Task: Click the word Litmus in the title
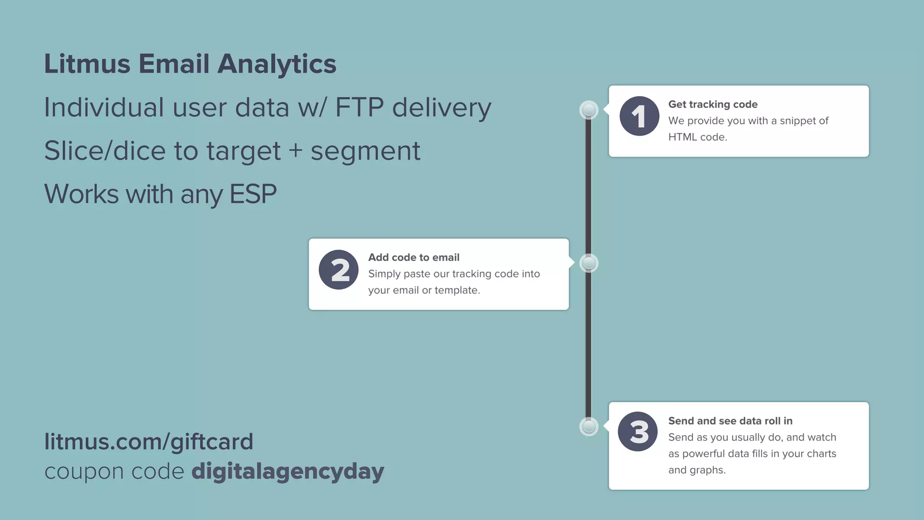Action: (87, 64)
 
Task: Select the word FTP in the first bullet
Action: (359, 107)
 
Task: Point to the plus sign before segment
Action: (296, 151)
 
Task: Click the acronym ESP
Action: (253, 194)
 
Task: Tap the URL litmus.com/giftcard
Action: (148, 441)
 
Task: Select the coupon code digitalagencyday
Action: (287, 472)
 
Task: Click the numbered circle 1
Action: (639, 116)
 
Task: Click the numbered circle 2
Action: (339, 269)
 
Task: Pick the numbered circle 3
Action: (638, 432)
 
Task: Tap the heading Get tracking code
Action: (712, 104)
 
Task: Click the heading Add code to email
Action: (414, 257)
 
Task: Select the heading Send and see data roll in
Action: (730, 421)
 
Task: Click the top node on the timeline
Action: (589, 110)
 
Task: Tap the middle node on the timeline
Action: (589, 263)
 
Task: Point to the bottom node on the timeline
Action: (589, 426)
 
